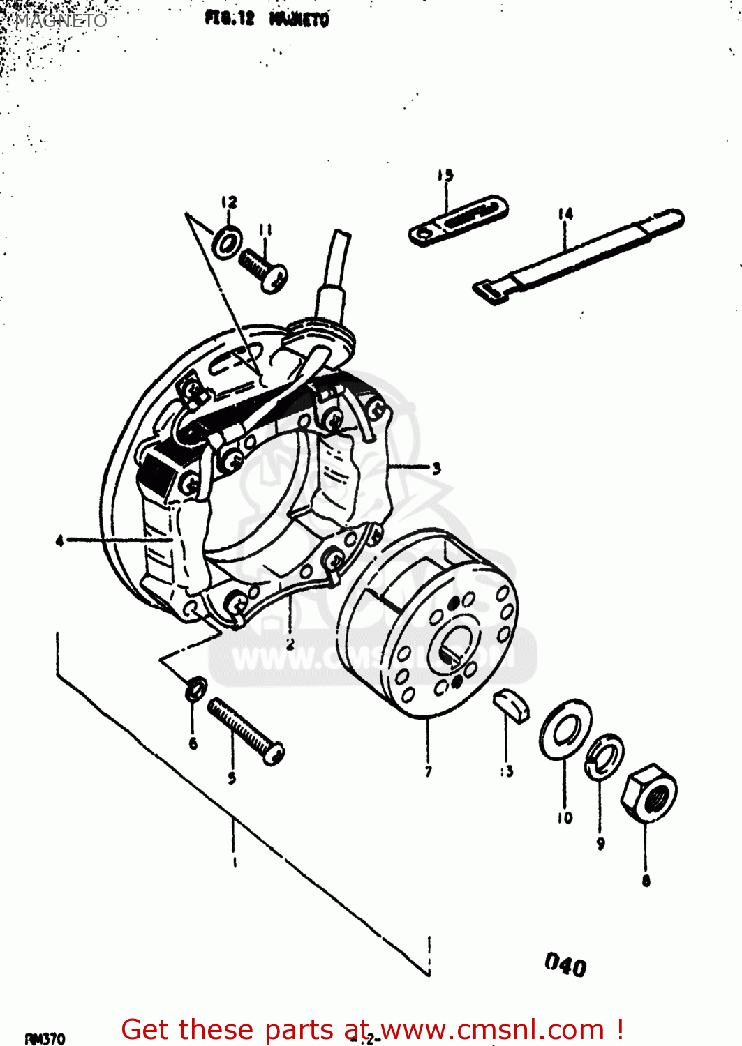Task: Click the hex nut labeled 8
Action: [x=648, y=794]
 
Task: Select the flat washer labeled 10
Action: [x=565, y=729]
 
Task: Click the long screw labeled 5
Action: [x=246, y=732]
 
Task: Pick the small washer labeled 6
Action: [x=195, y=689]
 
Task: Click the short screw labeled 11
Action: [x=263, y=270]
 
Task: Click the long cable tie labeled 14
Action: [x=579, y=255]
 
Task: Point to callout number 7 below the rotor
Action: [x=428, y=771]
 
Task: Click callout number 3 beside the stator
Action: [x=436, y=468]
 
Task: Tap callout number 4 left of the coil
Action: [x=60, y=540]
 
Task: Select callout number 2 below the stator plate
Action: [x=290, y=643]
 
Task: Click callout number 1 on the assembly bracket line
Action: [x=234, y=862]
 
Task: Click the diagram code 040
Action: [x=565, y=965]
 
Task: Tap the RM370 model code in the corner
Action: [x=45, y=1038]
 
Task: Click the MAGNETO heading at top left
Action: [x=61, y=20]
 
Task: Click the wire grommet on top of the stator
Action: [x=320, y=333]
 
